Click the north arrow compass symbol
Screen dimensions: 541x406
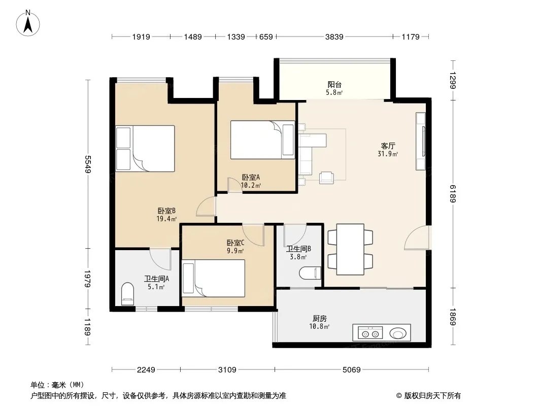click(28, 23)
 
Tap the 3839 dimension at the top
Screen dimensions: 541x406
click(334, 37)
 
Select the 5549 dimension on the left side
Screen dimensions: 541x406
click(88, 164)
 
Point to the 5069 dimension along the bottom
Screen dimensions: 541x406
click(351, 370)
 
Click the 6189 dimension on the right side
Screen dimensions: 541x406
click(453, 193)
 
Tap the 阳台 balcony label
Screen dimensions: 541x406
click(334, 85)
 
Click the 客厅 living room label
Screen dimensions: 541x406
click(388, 146)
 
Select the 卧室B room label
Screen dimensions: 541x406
click(166, 211)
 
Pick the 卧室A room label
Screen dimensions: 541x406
click(251, 177)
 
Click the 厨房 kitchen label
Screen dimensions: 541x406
click(320, 318)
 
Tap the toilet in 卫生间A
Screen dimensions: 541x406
click(127, 294)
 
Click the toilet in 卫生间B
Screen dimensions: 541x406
click(310, 273)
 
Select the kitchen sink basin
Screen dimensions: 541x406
click(398, 333)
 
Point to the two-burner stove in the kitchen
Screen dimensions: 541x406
click(370, 333)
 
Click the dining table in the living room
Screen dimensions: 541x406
click(350, 249)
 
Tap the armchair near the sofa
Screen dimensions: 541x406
click(326, 177)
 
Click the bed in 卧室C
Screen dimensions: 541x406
click(214, 278)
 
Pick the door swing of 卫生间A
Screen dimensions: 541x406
click(161, 259)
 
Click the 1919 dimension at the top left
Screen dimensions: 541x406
click(141, 37)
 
